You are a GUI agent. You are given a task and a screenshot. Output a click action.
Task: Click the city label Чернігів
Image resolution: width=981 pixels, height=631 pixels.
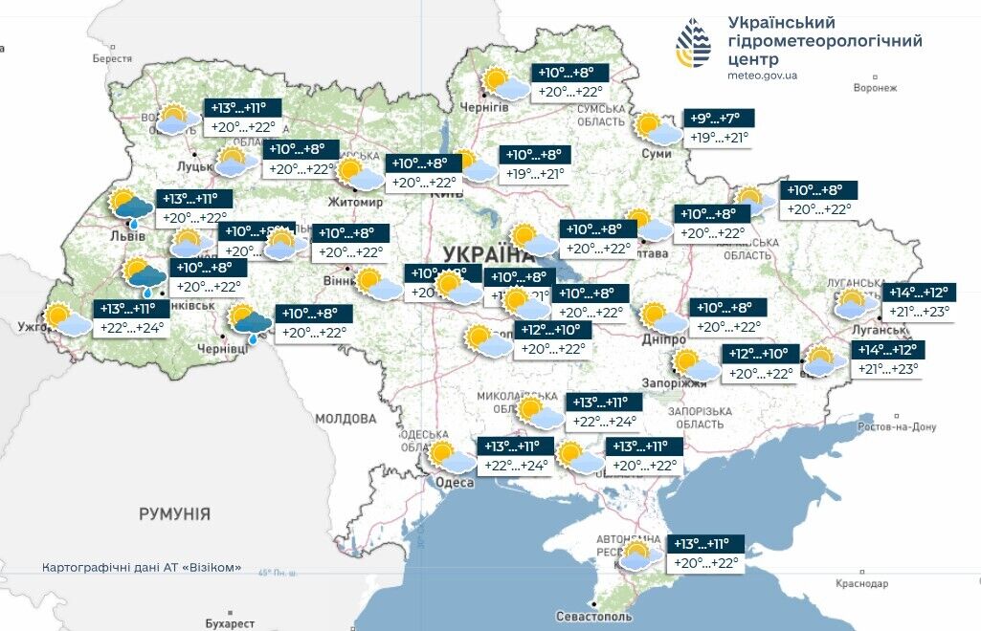[483, 107]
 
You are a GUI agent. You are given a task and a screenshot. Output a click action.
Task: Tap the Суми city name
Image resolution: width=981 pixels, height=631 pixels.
[656, 153]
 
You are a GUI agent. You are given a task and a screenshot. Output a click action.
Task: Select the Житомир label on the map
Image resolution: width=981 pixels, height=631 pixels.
[355, 203]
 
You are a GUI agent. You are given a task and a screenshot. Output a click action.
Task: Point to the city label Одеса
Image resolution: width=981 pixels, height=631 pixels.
[454, 483]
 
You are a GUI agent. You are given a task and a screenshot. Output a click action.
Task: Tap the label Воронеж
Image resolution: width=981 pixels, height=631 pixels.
[875, 88]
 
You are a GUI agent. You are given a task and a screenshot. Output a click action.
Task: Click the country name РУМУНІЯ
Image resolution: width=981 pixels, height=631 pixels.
[174, 514]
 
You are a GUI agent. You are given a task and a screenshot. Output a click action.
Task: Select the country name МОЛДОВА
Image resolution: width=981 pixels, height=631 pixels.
[346, 419]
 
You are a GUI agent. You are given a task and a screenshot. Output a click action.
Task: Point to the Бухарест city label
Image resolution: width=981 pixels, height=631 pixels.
[230, 623]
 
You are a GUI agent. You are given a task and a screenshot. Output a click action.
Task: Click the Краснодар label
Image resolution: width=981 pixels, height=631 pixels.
[861, 582]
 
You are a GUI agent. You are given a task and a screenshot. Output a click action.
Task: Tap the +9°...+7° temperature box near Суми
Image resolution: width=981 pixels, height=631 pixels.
[720, 119]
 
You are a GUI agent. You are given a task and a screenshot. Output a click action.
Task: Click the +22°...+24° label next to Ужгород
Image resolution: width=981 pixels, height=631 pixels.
[132, 328]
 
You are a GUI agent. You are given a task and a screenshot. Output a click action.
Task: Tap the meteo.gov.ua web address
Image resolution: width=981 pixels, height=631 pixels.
[762, 75]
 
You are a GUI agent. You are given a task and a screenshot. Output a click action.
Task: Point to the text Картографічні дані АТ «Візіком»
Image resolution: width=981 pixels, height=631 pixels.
[142, 567]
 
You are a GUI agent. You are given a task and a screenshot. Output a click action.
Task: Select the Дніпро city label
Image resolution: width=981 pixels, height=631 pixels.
[665, 340]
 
